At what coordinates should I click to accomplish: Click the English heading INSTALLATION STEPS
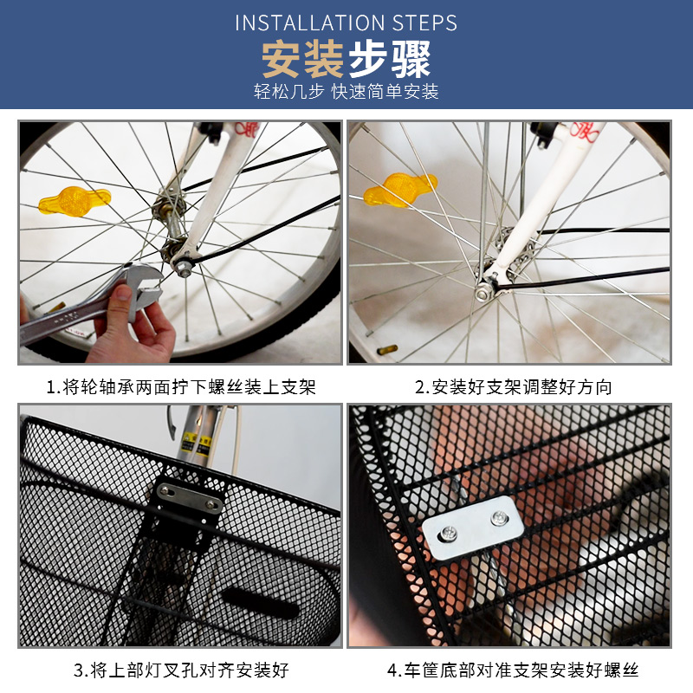346,23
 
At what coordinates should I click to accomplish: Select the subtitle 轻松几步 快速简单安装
346,91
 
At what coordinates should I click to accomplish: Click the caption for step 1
181,386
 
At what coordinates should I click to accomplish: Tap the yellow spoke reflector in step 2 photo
398,190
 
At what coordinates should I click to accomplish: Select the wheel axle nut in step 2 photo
482,294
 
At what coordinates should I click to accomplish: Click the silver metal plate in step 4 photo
474,531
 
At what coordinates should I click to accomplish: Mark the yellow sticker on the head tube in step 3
205,444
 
